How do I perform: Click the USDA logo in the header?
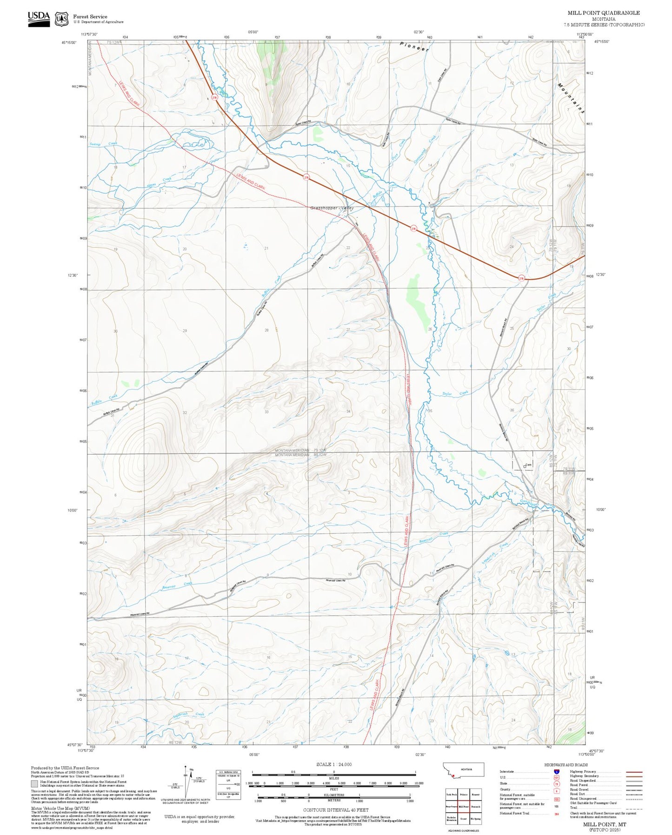pyautogui.click(x=39, y=19)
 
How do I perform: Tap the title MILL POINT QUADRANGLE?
pyautogui.click(x=603, y=13)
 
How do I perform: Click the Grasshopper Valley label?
pyautogui.click(x=332, y=208)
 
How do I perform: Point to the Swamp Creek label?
pyautogui.click(x=103, y=144)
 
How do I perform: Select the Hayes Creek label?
pyautogui.click(x=160, y=181)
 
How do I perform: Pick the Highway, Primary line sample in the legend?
pyautogui.click(x=634, y=772)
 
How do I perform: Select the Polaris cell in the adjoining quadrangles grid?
pyautogui.click(x=463, y=795)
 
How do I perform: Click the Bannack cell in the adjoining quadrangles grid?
pyautogui.click(x=475, y=807)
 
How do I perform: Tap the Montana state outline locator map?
pyautogui.click(x=464, y=770)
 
